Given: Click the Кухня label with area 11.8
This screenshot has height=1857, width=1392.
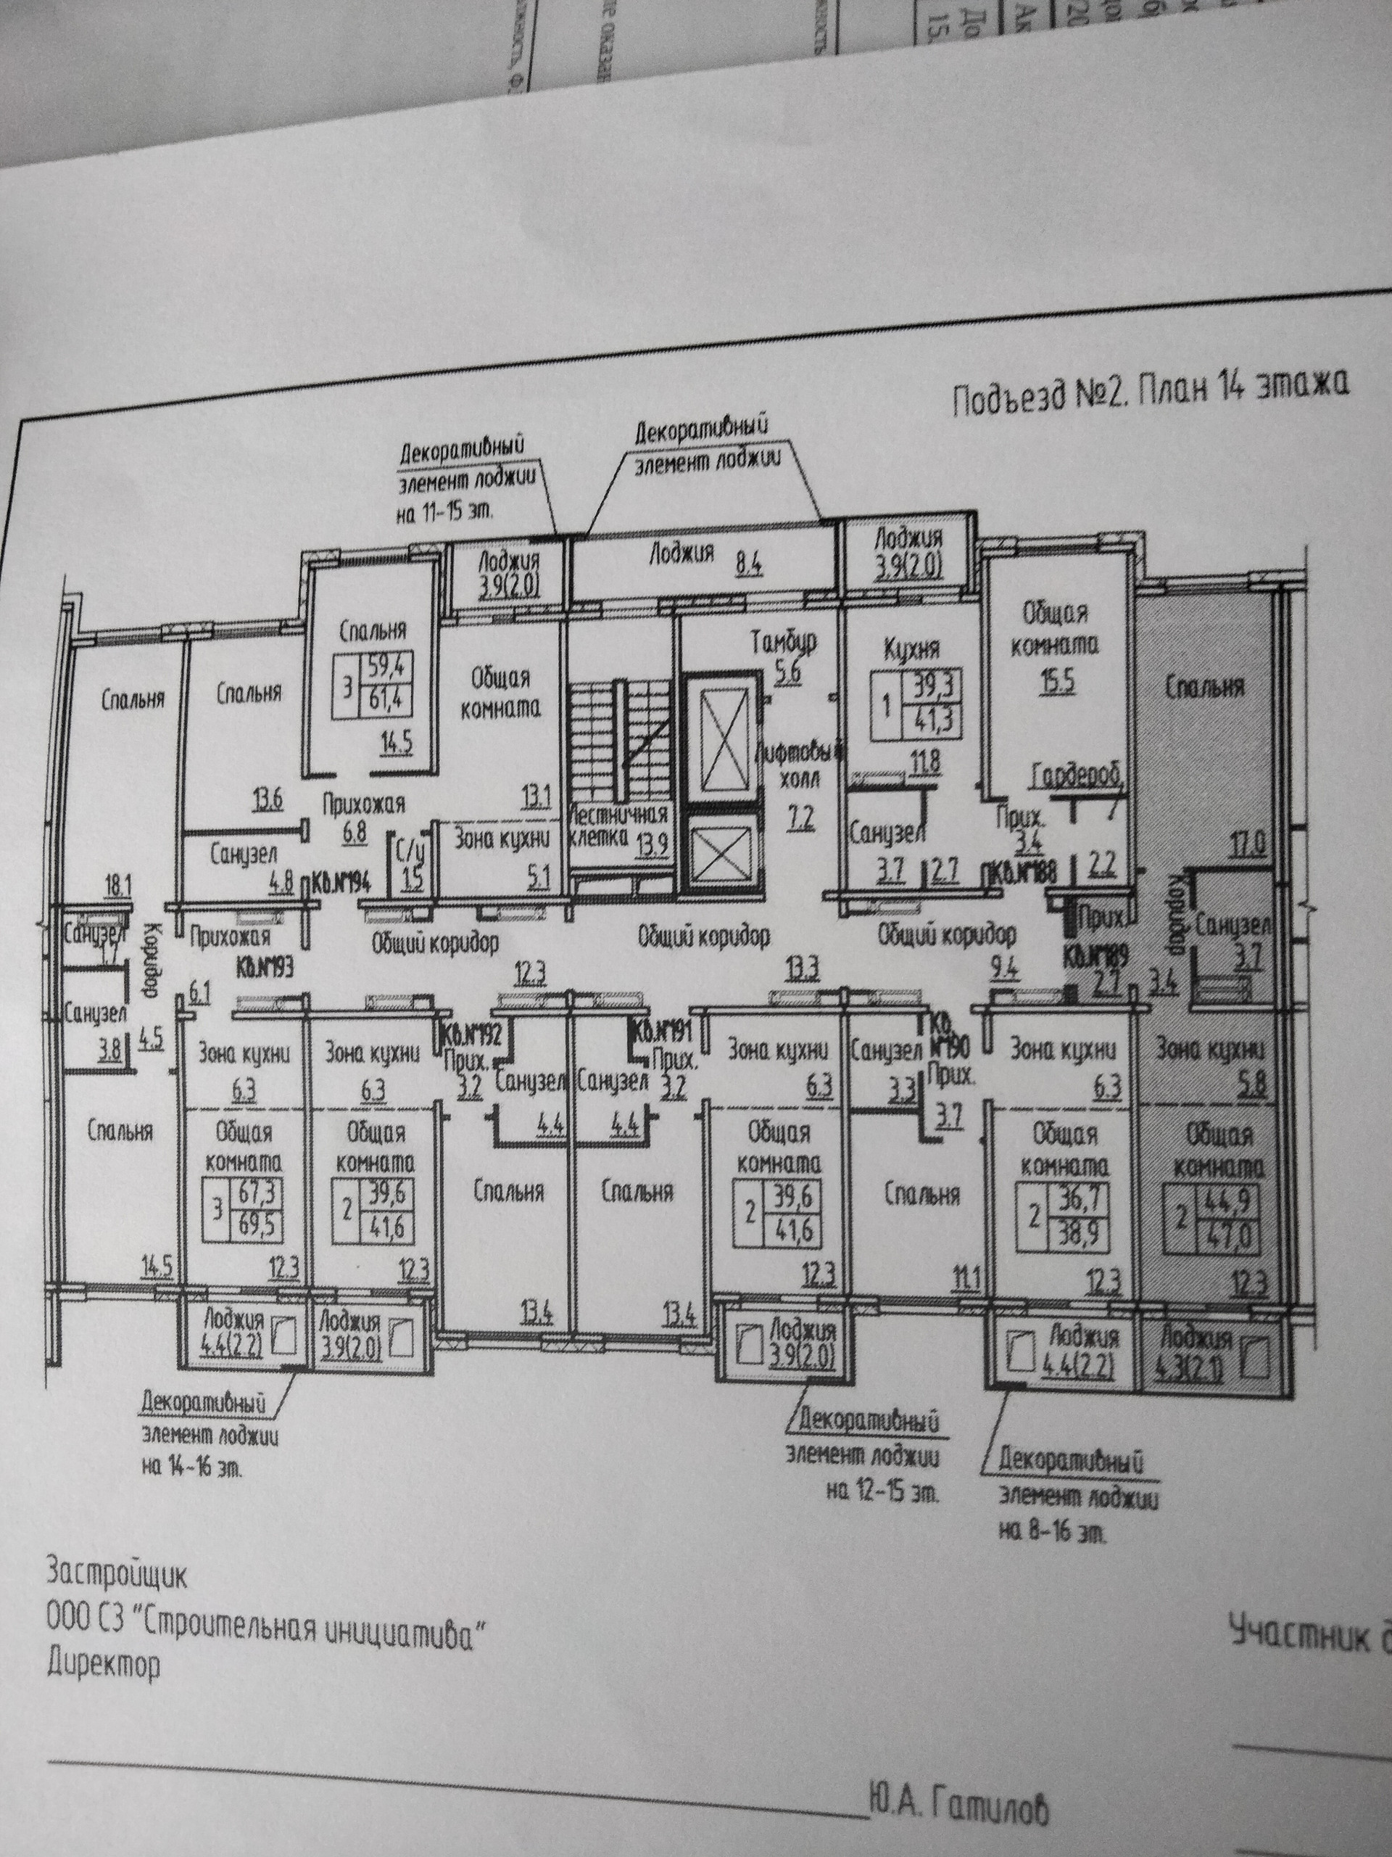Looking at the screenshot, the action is coord(911,651).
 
